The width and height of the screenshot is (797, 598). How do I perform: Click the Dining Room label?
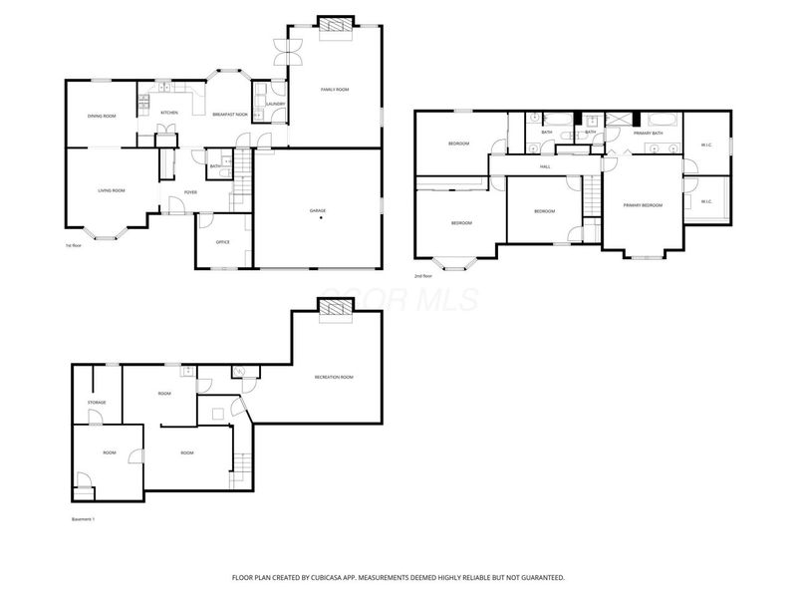point(102,117)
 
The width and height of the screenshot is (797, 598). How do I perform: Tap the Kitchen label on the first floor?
point(169,113)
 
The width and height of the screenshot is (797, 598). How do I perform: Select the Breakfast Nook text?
point(229,115)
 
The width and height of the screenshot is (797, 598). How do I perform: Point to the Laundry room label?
point(276,104)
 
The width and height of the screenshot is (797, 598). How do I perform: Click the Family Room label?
point(335,90)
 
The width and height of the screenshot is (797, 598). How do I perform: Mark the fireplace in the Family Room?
point(335,24)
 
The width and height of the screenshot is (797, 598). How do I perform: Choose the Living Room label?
point(111,190)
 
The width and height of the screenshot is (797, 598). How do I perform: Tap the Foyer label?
point(190,192)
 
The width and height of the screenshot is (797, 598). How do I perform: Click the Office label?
point(223,242)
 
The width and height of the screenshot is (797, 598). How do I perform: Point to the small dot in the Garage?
point(321,219)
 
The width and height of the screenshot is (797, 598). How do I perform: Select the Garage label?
point(318,211)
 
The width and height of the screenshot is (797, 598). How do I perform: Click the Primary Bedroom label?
point(643,205)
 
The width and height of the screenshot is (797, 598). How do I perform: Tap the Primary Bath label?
point(649,133)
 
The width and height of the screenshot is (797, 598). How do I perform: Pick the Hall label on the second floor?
point(545,166)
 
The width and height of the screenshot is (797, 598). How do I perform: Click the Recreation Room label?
point(334,377)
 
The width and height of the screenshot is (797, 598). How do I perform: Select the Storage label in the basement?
point(97,403)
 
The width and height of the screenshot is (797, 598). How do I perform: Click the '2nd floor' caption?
point(423,276)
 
